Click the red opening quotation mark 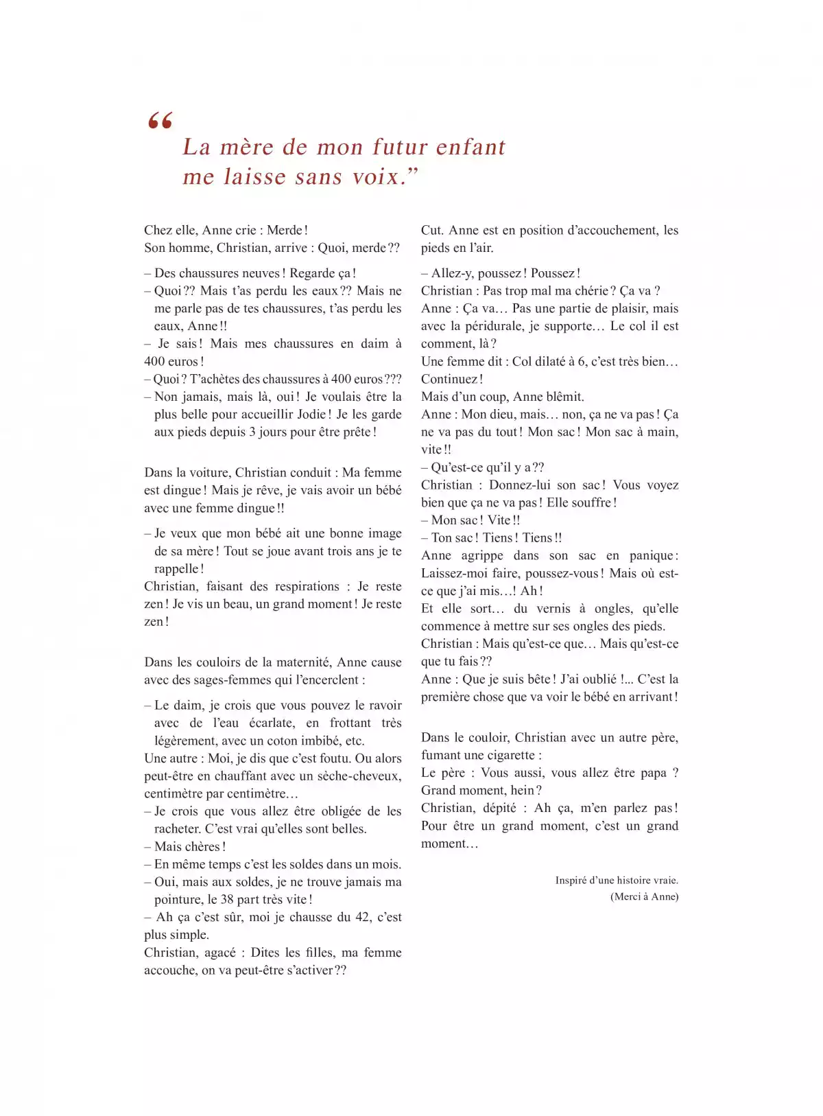click(160, 121)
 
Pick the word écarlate click(272, 723)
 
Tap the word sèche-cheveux click(357, 776)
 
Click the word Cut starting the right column click(431, 230)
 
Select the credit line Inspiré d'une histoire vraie click(617, 880)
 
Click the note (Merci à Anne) click(644, 896)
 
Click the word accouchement click(598, 230)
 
